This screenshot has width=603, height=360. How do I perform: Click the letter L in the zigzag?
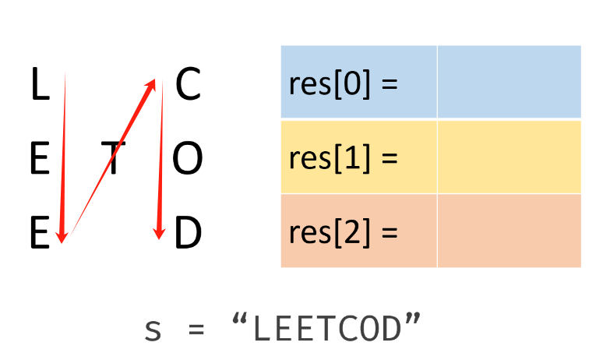click(x=39, y=86)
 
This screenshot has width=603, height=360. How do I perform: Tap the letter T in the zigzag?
click(x=115, y=160)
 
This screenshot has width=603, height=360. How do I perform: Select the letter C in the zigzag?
click(x=188, y=85)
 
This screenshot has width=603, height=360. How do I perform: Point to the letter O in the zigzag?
click(x=187, y=160)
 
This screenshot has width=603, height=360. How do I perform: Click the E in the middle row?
click(x=39, y=160)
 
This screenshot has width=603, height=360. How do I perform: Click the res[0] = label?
click(x=343, y=83)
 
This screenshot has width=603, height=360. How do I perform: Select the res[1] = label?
click(x=343, y=157)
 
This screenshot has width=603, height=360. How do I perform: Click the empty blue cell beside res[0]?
click(x=509, y=82)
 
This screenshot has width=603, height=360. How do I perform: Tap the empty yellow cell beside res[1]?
click(x=509, y=157)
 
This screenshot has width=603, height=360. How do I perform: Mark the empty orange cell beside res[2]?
click(x=509, y=231)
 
